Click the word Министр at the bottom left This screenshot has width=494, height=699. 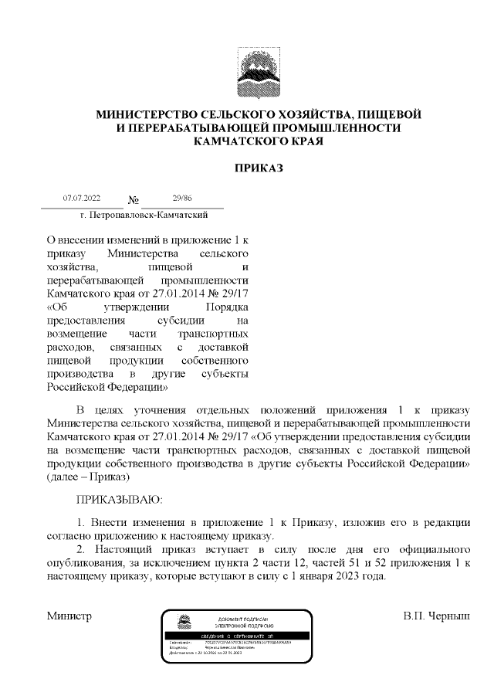(69, 616)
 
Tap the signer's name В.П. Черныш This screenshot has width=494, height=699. (435, 616)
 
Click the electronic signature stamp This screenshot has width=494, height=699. (237, 636)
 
